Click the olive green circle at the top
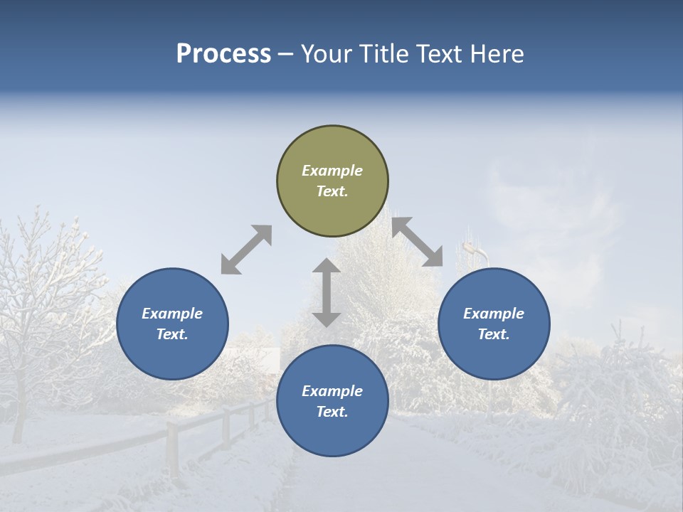coord(332,181)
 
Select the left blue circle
coord(172,324)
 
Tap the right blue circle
coord(494,324)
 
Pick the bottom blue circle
coord(332,401)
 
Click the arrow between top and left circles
coord(246,250)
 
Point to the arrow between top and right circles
coord(418,242)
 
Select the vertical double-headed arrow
coord(327,292)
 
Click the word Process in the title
coord(223,54)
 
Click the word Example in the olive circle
coord(332,171)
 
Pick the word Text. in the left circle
coord(172,334)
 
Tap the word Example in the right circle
coord(494,314)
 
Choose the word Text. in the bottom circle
coord(332,412)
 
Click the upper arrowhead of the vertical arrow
coord(327,267)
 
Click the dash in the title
coord(286,55)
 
